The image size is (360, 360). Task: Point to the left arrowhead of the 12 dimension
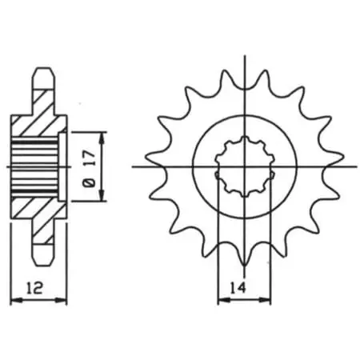pos(12,301)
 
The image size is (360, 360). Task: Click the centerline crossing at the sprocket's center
pos(246,167)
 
